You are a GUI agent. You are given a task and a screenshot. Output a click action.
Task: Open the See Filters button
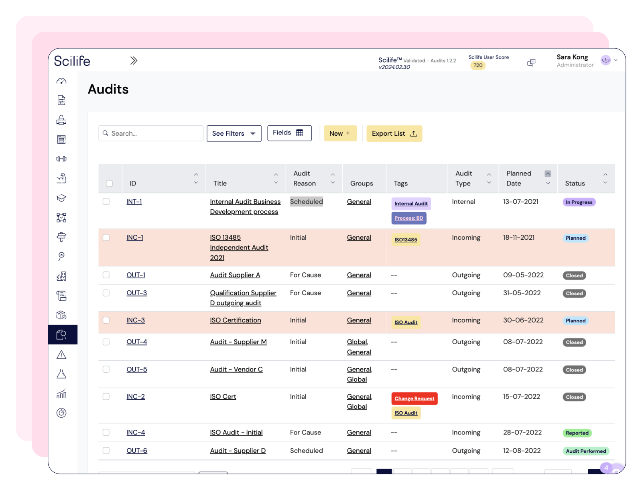click(234, 133)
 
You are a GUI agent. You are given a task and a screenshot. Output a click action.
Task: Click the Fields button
click(289, 133)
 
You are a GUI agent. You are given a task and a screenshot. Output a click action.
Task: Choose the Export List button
click(394, 134)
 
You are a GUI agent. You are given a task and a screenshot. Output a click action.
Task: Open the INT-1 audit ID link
click(134, 202)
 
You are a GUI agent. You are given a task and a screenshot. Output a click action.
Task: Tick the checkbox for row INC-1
click(106, 237)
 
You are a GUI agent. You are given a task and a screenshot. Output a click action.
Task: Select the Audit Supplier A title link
click(235, 275)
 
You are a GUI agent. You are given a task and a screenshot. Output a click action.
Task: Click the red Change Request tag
click(414, 398)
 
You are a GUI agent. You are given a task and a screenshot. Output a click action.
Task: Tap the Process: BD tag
click(408, 218)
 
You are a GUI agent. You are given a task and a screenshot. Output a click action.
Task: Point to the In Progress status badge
click(579, 202)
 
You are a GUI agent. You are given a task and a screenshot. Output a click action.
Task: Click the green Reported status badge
click(577, 433)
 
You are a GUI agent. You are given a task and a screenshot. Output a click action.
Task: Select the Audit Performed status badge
click(585, 451)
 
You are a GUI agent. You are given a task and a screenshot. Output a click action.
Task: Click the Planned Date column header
click(519, 178)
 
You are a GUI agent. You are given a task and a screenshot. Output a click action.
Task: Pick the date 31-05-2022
click(522, 293)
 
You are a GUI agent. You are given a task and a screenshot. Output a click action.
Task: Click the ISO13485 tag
click(406, 240)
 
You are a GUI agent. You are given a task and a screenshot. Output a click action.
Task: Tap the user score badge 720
click(477, 65)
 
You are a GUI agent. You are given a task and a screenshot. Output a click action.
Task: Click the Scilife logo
click(72, 61)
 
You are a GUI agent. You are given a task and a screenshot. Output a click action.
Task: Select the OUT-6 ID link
click(137, 451)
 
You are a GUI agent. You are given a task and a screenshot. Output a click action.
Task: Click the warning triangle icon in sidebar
click(61, 355)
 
